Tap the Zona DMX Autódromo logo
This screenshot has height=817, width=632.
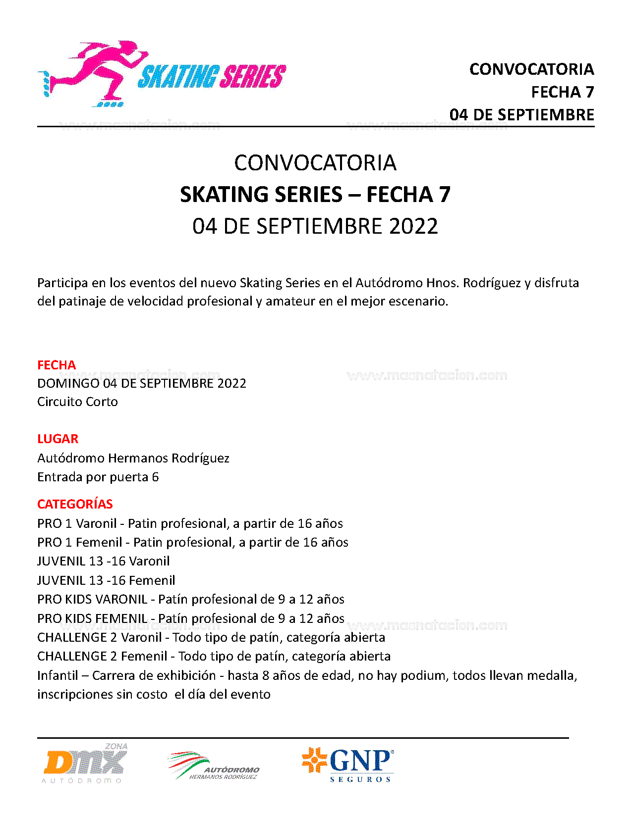[86, 764]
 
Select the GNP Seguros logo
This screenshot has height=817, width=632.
[348, 764]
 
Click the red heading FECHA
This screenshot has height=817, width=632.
[57, 365]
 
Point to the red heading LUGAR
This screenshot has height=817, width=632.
[57, 439]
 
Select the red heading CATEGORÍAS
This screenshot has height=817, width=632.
[75, 504]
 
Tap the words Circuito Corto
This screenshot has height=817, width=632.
[77, 402]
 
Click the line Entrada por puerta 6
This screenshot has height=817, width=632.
[98, 477]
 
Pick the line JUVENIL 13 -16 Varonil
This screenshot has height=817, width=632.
[103, 561]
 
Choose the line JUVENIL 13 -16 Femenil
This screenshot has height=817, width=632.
[106, 580]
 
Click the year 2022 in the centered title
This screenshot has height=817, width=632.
[413, 226]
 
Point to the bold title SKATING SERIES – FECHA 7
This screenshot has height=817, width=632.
[315, 194]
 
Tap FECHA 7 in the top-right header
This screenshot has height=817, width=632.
[562, 92]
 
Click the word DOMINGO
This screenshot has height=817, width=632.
[68, 383]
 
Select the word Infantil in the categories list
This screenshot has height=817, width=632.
[57, 675]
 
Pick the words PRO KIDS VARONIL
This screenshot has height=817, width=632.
[92, 599]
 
